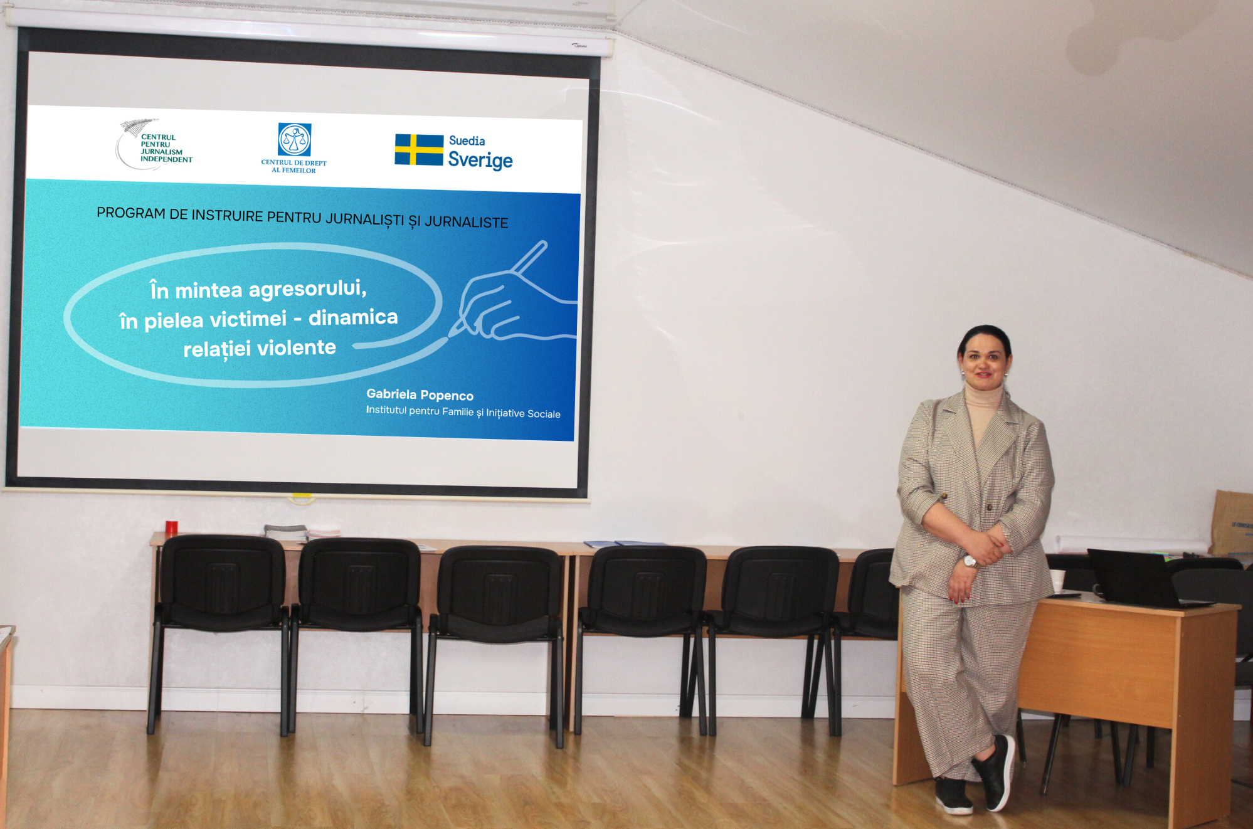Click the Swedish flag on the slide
coord(419,150)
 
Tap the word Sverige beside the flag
coord(480,161)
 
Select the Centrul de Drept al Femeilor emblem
coord(295,139)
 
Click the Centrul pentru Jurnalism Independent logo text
coord(166,148)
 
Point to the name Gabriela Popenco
coord(420,394)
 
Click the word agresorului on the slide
coord(307,288)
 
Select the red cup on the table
coord(171,527)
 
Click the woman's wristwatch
coord(970,562)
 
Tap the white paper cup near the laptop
coord(1057,581)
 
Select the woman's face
coord(984,364)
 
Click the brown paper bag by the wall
coord(1232,522)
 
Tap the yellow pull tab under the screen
coord(302,499)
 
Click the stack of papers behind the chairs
coord(285,532)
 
